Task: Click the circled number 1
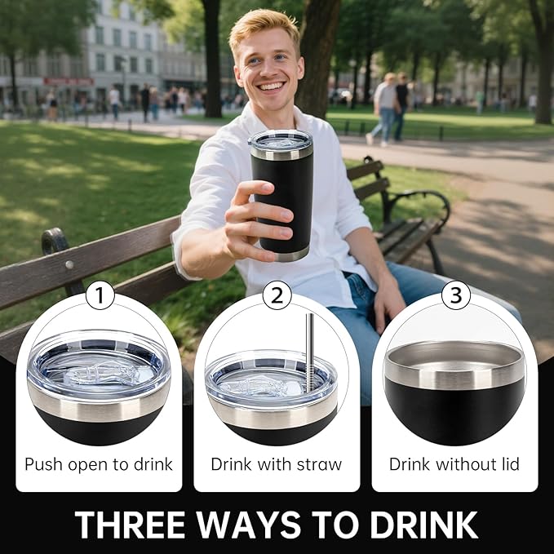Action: point(100,295)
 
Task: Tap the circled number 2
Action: point(277,295)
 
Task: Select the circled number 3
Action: point(456,295)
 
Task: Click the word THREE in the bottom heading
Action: point(131,525)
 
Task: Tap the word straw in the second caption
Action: point(319,464)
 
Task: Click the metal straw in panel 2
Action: point(309,353)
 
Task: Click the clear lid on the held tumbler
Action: point(281,140)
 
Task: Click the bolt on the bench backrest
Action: point(69,264)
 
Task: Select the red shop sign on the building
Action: point(69,82)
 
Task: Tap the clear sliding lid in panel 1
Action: point(99,366)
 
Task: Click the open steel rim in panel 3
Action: point(454,364)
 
